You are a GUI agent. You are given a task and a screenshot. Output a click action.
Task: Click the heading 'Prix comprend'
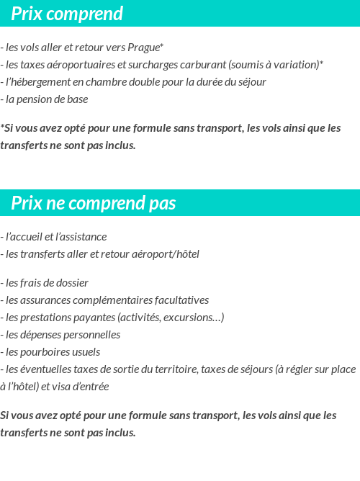click(67, 14)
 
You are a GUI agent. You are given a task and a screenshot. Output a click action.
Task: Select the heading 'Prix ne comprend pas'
click(94, 204)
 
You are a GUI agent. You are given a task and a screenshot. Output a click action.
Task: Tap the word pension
click(38, 99)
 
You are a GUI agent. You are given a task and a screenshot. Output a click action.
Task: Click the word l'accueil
click(23, 237)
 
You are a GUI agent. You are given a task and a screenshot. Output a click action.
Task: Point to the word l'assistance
click(81, 237)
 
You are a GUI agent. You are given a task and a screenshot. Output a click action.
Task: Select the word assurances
click(45, 300)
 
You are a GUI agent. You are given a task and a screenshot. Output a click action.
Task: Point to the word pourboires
click(45, 352)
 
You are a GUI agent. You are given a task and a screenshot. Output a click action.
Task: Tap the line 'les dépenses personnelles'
click(61, 335)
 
